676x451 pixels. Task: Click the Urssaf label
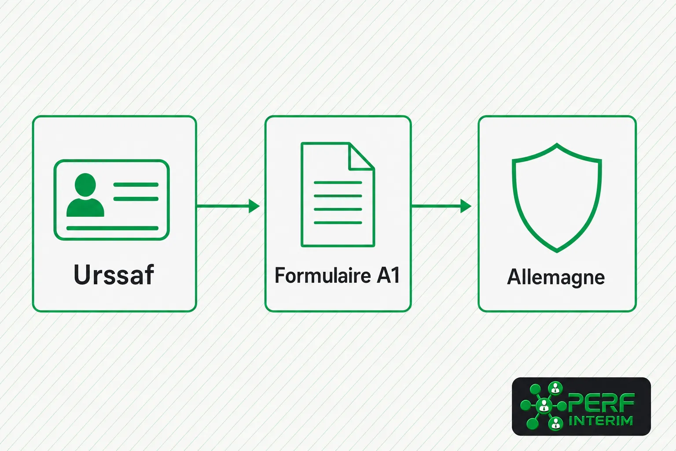point(114,274)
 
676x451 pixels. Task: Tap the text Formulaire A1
point(338,275)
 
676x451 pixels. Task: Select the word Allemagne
point(556,277)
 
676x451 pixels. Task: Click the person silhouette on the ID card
point(85,195)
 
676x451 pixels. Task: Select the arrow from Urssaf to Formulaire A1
point(228,206)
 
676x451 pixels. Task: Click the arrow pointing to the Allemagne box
point(441,206)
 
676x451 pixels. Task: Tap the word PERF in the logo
point(601,403)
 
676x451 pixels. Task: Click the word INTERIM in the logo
point(601,421)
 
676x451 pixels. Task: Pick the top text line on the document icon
point(338,182)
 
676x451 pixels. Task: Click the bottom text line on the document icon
point(338,222)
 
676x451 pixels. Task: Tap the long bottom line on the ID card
point(112,228)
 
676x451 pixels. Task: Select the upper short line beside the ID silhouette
point(136,185)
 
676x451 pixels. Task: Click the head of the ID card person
point(85,185)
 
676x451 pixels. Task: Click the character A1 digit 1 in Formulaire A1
point(395,275)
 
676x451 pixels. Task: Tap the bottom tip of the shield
point(557,252)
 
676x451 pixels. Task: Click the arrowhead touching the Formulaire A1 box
point(254,206)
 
